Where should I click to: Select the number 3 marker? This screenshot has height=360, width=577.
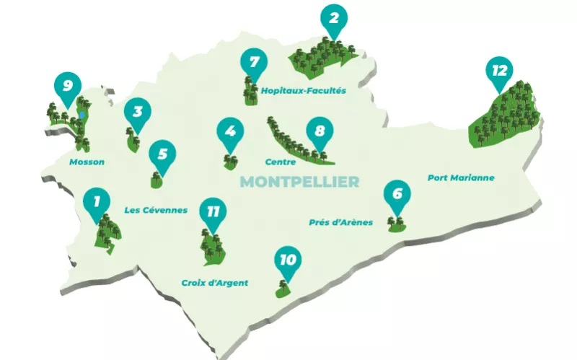point(136,113)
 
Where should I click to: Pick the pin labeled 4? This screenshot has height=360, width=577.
point(230,133)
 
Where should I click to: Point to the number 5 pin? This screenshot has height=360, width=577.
point(162,154)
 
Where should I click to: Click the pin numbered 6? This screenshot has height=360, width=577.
point(397,194)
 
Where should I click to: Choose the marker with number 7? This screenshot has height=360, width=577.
point(253,63)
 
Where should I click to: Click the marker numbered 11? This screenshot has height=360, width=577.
point(212,212)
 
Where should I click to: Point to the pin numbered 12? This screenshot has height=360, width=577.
point(499,71)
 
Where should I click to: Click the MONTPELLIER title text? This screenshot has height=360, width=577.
point(299,181)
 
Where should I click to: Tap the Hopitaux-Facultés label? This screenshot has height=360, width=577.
point(304,92)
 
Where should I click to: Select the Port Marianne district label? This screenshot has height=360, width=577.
point(461,177)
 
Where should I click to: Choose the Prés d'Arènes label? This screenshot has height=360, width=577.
point(340,222)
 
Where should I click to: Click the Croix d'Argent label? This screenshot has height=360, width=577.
point(214,283)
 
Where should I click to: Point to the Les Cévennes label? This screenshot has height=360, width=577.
point(156,211)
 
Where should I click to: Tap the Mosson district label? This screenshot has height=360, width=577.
point(87,162)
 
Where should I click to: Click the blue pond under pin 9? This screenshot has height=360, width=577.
point(83,115)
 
